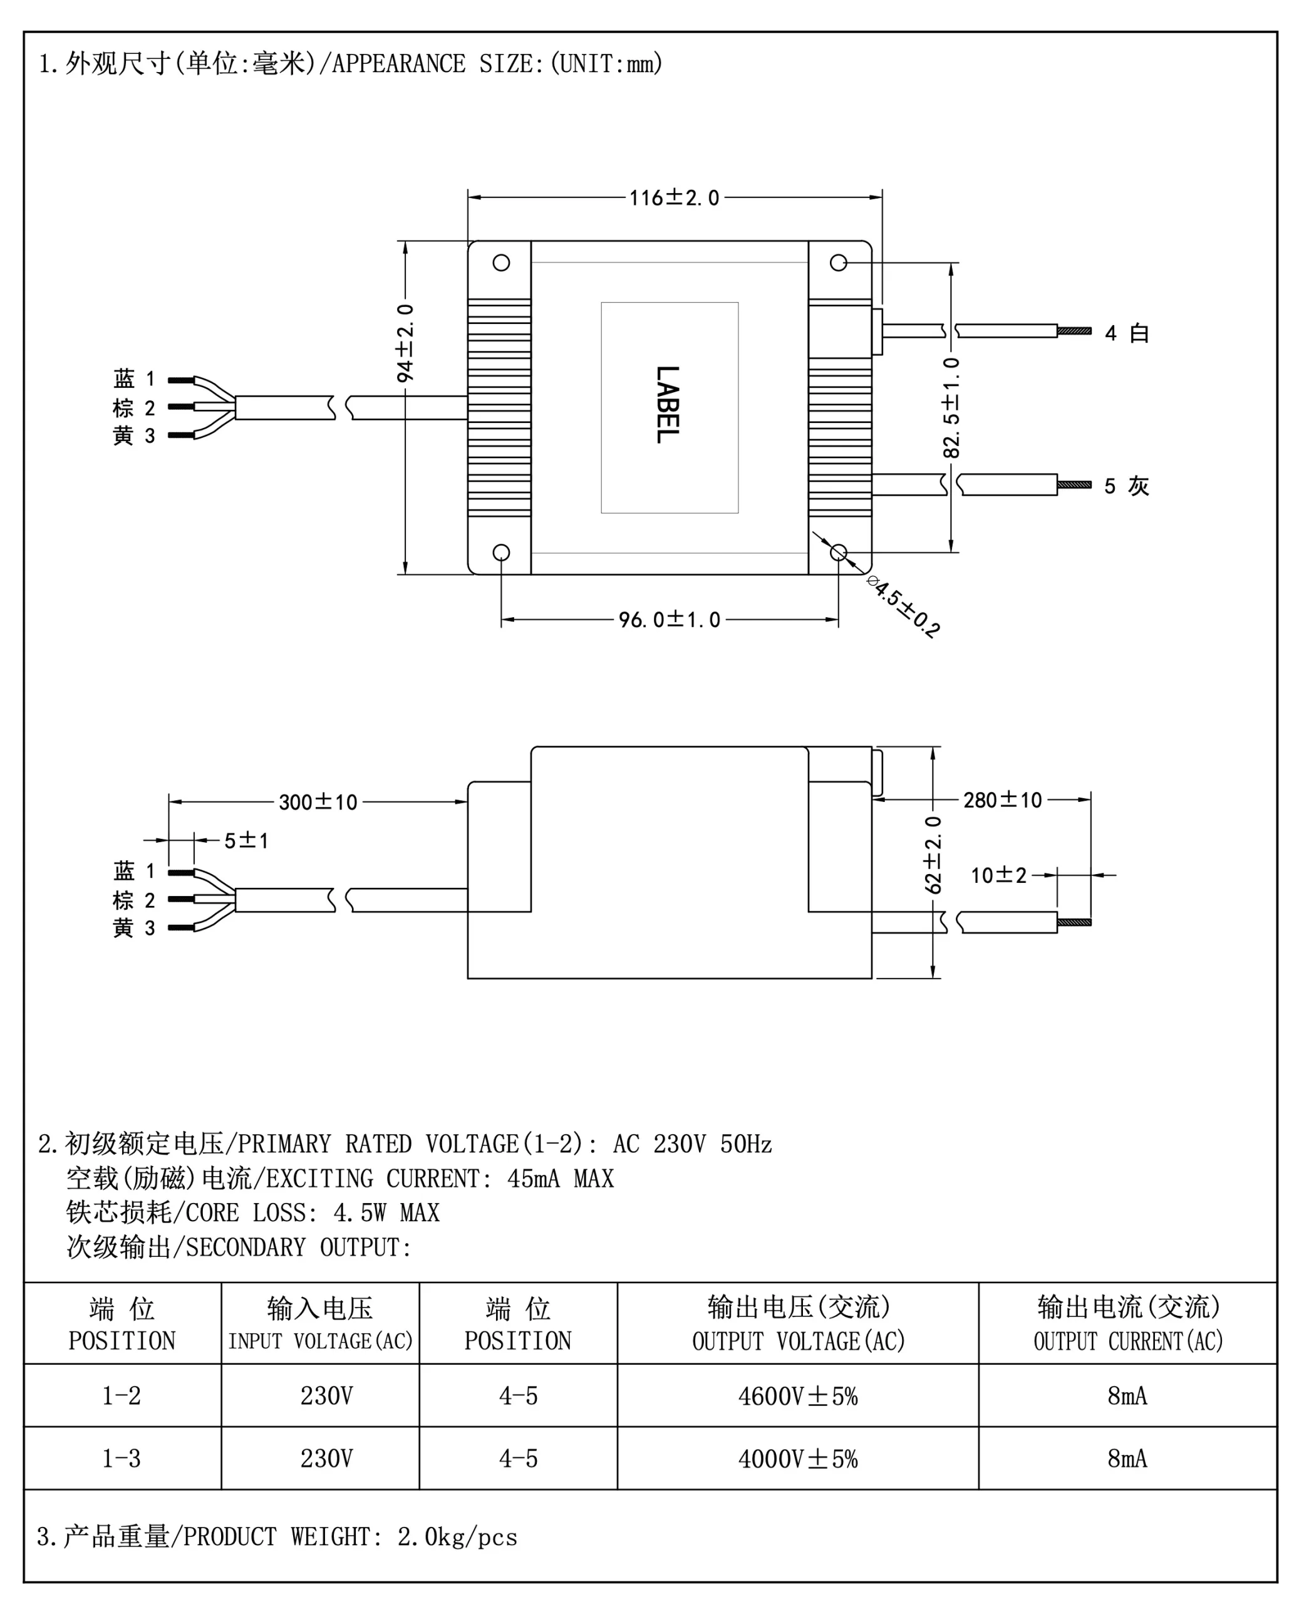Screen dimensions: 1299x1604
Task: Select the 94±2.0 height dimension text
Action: click(x=405, y=343)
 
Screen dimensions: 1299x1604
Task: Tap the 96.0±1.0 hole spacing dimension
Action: click(x=669, y=620)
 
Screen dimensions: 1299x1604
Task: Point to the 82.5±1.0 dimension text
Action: click(x=950, y=407)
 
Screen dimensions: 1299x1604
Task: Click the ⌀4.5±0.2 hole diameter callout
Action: click(x=903, y=607)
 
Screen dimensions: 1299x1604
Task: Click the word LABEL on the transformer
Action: click(x=668, y=404)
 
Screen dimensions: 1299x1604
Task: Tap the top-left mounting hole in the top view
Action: click(x=501, y=263)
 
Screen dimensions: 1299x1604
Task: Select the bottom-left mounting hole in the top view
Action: click(x=501, y=553)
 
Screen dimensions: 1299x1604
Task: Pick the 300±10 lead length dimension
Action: click(x=318, y=803)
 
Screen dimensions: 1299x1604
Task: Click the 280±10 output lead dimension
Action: click(x=1002, y=800)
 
